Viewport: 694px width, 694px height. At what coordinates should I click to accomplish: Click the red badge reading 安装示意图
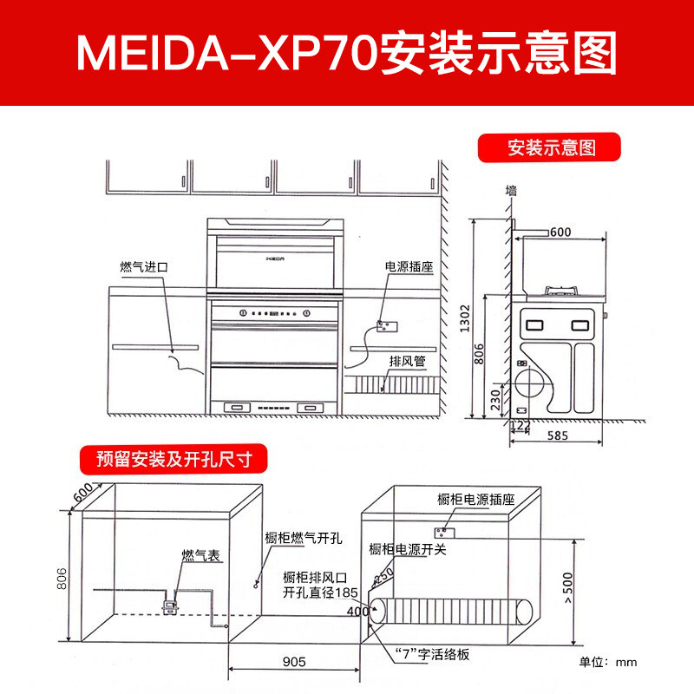pyautogui.click(x=549, y=147)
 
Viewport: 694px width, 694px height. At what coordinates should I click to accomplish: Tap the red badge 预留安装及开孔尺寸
pyautogui.click(x=173, y=459)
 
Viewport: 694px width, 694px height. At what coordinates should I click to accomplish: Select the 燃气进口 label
pyautogui.click(x=144, y=267)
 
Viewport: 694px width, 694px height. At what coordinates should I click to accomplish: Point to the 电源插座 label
pyautogui.click(x=409, y=266)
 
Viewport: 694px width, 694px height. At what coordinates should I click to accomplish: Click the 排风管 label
pyautogui.click(x=407, y=361)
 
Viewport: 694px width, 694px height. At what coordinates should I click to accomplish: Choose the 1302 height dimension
pyautogui.click(x=464, y=318)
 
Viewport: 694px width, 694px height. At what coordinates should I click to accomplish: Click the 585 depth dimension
pyautogui.click(x=557, y=435)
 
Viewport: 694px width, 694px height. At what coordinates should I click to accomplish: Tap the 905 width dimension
pyautogui.click(x=294, y=662)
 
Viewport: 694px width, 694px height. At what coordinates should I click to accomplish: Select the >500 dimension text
pyautogui.click(x=568, y=587)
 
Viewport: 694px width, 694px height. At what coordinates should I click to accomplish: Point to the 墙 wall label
pyautogui.click(x=511, y=190)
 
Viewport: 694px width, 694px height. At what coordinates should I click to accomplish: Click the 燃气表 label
pyautogui.click(x=201, y=555)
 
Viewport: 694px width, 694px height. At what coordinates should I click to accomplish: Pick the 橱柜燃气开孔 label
pyautogui.click(x=303, y=538)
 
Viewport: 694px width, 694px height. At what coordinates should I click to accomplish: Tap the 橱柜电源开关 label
pyautogui.click(x=407, y=549)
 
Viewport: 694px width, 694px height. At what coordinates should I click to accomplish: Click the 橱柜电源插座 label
pyautogui.click(x=475, y=500)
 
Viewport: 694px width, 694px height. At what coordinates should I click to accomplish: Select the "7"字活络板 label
pyautogui.click(x=432, y=654)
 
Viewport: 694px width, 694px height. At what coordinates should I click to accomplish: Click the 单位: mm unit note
pyautogui.click(x=608, y=662)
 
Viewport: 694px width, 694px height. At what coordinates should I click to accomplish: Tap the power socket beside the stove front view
pyautogui.click(x=386, y=326)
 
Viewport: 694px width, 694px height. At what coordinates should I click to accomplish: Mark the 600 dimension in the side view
pyautogui.click(x=560, y=232)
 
